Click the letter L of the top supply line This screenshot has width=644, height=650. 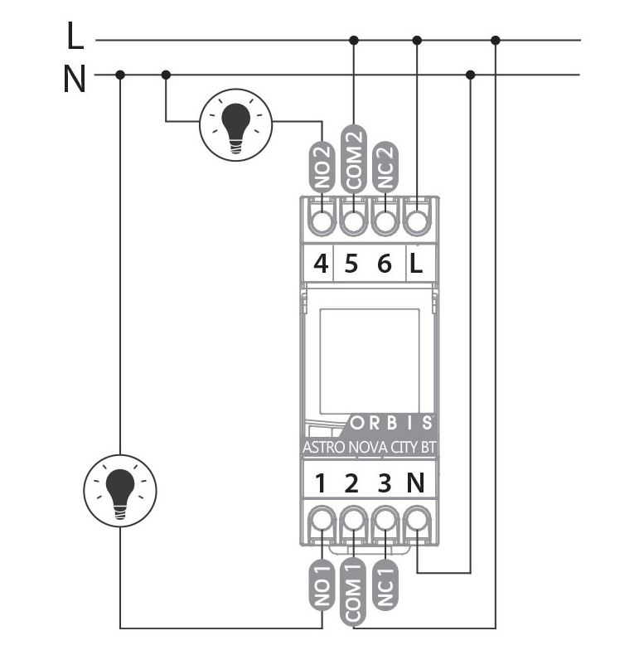coord(75,37)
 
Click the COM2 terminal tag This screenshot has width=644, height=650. coord(354,158)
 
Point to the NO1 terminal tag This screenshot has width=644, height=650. coord(322,585)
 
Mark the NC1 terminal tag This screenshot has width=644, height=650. coord(384,585)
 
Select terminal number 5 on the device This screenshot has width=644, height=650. coord(351,265)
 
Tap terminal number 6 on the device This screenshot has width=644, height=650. coord(384,265)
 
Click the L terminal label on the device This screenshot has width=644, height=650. coord(416,265)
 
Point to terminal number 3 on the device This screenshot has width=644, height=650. coord(384,483)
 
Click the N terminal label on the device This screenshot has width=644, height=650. coord(416,483)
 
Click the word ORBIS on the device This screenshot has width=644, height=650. coord(391,422)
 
